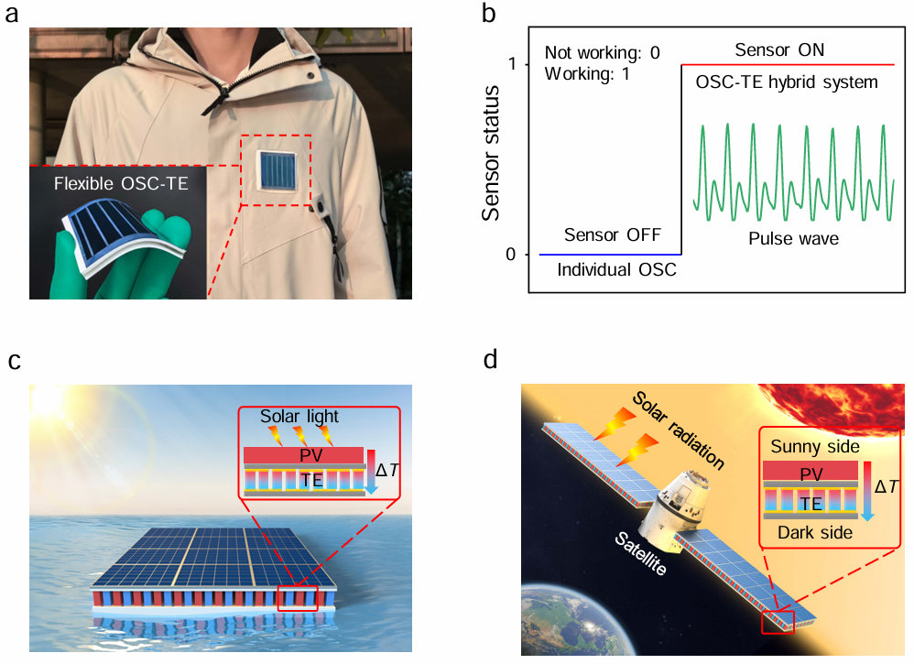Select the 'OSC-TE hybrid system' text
(x=787, y=82)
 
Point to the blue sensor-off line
(x=609, y=254)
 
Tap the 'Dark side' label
(x=810, y=531)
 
